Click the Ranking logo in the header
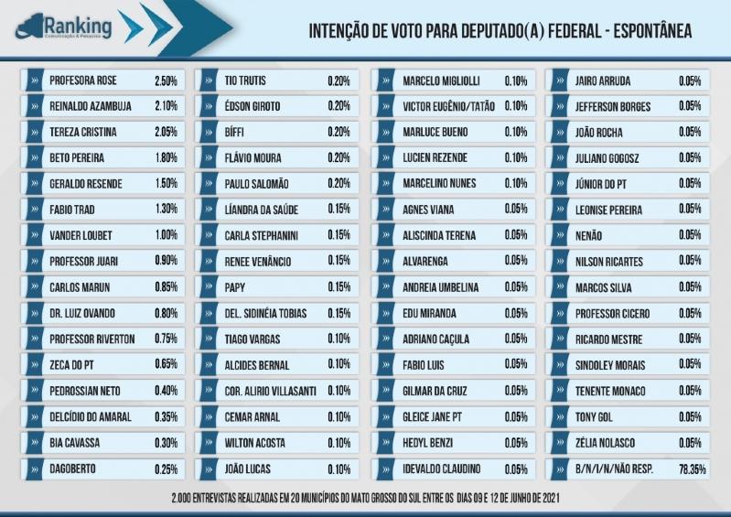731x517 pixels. point(63,27)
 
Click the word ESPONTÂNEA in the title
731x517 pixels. point(652,31)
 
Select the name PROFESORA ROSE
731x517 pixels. point(83,81)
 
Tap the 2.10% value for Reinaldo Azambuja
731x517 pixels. point(166,106)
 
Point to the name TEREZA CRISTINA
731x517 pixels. point(83,132)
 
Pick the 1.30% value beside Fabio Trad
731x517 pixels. point(166,209)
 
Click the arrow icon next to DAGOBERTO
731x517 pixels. point(35,469)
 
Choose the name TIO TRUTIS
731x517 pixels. point(245,81)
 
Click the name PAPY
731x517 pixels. point(234,287)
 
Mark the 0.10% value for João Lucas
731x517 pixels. point(339,469)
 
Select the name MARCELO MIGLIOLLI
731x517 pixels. point(441,81)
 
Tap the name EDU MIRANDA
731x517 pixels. point(429,313)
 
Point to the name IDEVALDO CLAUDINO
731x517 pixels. point(442,469)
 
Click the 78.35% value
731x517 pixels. point(693,469)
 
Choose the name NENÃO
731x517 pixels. point(588,236)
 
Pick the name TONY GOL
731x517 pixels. point(594,416)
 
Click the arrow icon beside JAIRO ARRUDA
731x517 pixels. point(560,81)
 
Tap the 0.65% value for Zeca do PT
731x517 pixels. point(166,364)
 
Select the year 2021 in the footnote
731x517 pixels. point(551,498)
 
